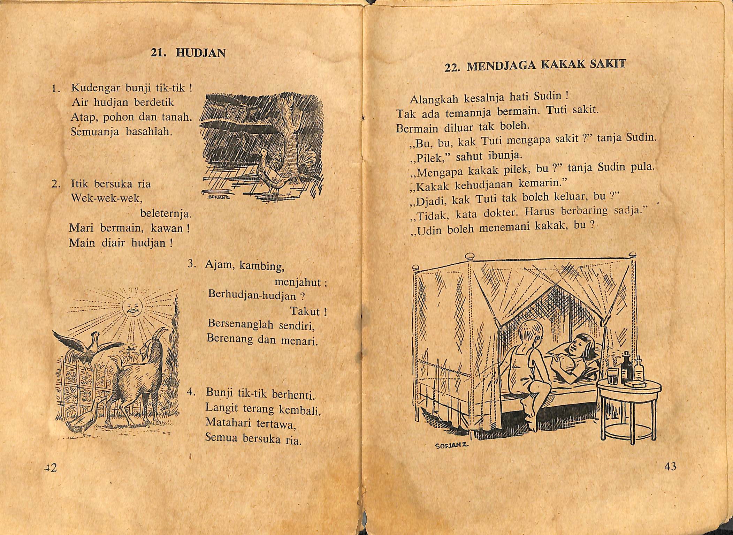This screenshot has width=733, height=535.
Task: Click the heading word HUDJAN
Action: click(x=201, y=53)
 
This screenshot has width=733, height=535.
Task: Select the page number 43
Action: click(x=670, y=466)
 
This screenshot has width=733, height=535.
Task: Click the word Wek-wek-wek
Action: click(x=106, y=198)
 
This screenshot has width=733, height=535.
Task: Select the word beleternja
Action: click(x=166, y=213)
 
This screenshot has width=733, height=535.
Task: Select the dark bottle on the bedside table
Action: click(x=627, y=366)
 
